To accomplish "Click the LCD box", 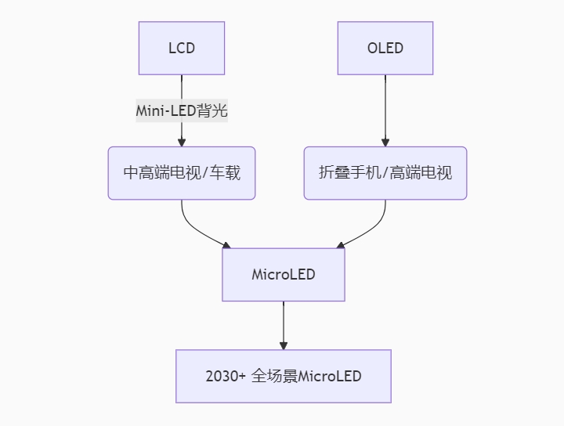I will click(182, 49).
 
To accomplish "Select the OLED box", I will click(385, 49).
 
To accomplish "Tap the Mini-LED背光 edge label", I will click(182, 110).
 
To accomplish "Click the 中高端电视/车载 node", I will click(182, 173).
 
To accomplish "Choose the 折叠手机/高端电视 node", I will click(385, 173).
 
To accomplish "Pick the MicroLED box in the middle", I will click(284, 275).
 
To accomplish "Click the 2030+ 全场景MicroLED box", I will click(284, 376).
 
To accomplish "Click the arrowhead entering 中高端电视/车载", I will click(182, 143).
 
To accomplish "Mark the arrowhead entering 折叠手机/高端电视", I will click(385, 143).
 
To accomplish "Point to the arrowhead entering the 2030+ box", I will click(284, 345).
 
